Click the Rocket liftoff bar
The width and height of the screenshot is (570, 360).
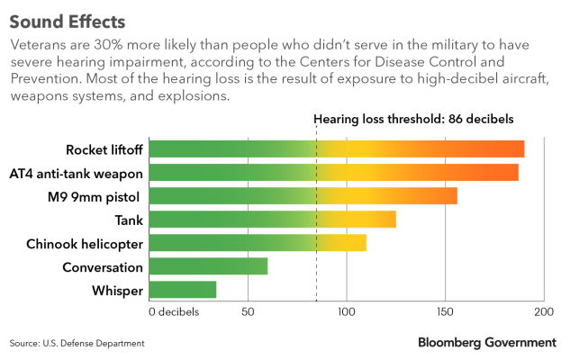point(336,149)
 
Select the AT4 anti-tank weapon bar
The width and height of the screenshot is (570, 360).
point(333,173)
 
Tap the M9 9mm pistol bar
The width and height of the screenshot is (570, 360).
point(303,196)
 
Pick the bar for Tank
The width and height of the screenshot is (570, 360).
point(272,220)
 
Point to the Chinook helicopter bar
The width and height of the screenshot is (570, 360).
point(257,243)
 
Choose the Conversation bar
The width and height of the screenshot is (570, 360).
point(208,266)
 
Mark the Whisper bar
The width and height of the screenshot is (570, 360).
point(182,290)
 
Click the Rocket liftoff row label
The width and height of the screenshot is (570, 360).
point(104,149)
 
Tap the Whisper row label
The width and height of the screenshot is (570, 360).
point(117,290)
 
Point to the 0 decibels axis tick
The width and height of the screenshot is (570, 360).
point(174,311)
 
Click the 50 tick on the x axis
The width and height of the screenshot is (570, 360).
point(247,311)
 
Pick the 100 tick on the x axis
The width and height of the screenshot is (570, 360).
point(346,311)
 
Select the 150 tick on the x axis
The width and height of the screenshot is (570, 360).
point(445,311)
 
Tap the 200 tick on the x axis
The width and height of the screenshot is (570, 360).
point(543,311)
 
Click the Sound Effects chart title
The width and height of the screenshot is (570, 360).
point(68,20)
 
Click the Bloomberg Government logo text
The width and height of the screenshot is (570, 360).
point(486,342)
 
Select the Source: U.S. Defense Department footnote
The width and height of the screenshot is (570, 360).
point(77,343)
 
